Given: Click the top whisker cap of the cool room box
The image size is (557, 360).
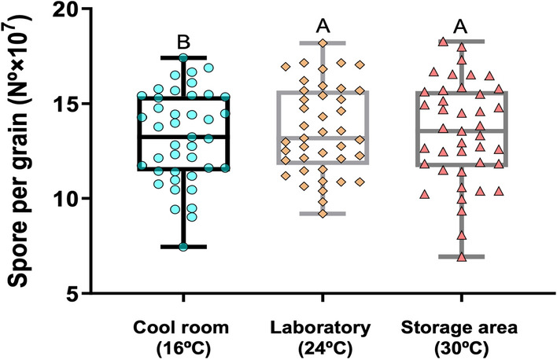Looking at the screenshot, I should click(x=183, y=57).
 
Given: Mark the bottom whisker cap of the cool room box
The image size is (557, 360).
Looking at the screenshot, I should click(x=183, y=246).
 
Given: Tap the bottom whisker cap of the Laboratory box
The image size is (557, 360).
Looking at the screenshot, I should click(x=323, y=214).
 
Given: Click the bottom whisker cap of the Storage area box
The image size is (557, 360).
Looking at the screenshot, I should click(x=461, y=256).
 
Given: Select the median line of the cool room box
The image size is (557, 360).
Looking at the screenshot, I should click(x=183, y=136).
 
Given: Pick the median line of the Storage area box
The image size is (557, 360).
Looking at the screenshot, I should click(x=461, y=130).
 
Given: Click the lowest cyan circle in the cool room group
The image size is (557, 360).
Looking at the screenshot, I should click(x=183, y=246).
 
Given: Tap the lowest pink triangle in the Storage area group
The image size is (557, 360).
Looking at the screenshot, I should click(x=462, y=256).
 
